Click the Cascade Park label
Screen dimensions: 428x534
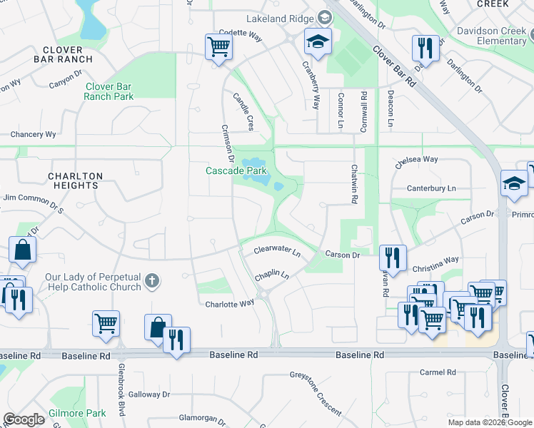236,171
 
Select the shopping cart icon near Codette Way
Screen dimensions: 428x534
218,48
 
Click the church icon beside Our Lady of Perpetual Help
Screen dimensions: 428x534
151,281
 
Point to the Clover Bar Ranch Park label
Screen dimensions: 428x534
109,91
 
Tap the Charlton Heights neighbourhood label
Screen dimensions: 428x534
76,180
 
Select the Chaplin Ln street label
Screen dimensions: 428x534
272,275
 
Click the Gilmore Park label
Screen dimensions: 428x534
78,413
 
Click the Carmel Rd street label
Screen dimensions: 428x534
438,372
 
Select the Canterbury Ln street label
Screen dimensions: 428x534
430,188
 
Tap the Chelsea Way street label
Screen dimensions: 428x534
416,160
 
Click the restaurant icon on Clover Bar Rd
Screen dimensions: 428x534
425,49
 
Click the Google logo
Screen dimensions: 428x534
24,420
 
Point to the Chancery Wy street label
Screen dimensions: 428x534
33,134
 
